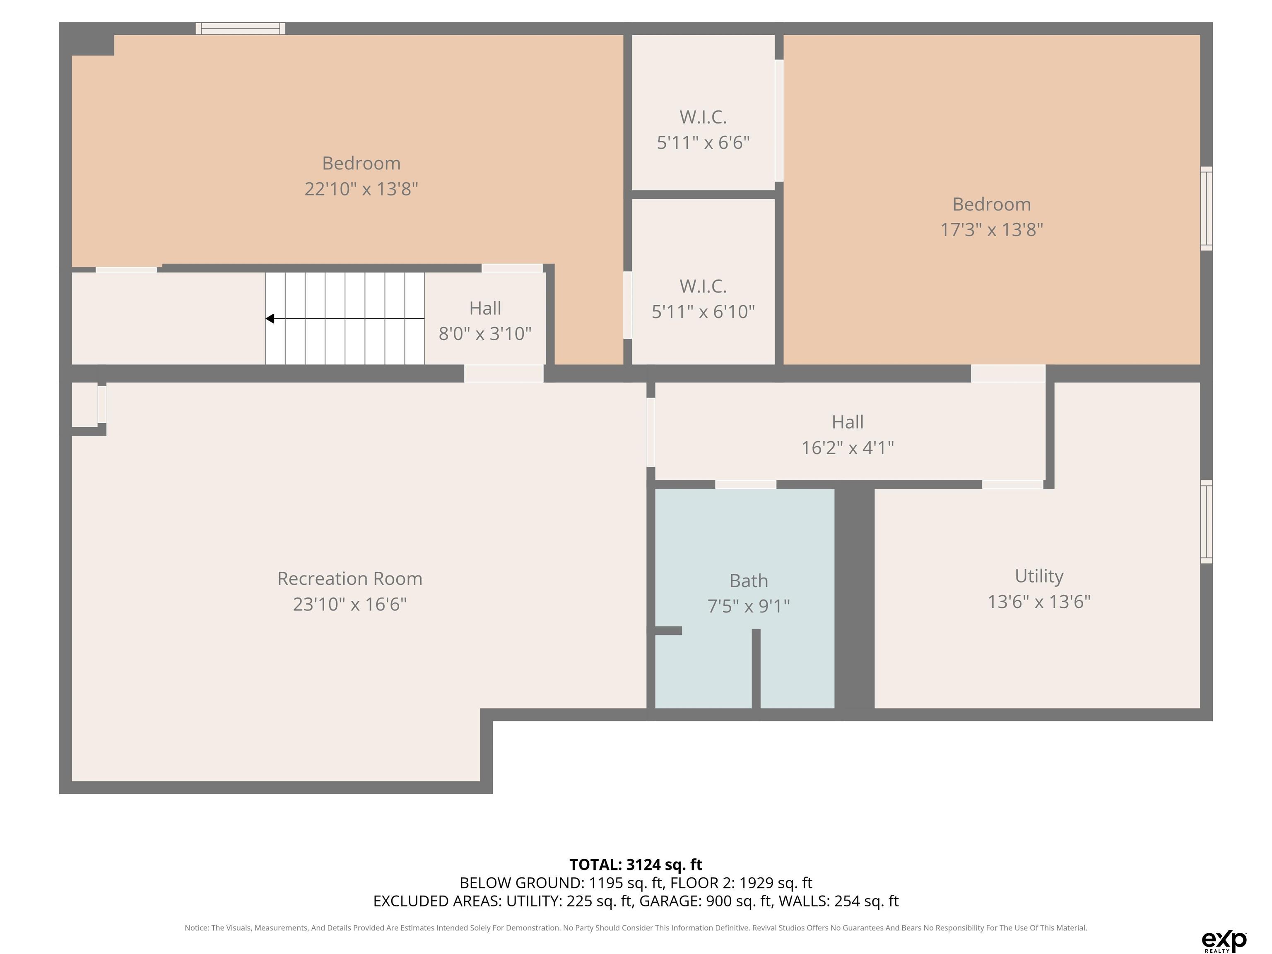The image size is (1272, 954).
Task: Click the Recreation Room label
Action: coord(349,578)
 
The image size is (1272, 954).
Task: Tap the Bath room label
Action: coord(749,581)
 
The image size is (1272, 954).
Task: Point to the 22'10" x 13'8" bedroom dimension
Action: coord(361,189)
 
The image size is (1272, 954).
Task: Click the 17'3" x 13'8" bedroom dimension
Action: coord(991,229)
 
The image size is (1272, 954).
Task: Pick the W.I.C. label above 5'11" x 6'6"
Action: coord(703,117)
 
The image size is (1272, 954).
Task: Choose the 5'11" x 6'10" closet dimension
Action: coord(703,312)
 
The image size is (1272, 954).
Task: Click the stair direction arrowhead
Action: coord(270,318)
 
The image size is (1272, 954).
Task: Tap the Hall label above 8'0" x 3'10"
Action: coord(485,308)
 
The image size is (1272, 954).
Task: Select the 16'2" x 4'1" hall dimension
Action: coord(848,447)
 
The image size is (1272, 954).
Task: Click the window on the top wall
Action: coord(241,28)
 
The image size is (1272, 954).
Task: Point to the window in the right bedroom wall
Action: coord(1207,208)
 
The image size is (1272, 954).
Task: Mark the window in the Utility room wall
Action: coord(1207,522)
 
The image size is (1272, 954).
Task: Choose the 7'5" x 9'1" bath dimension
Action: coord(749,606)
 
